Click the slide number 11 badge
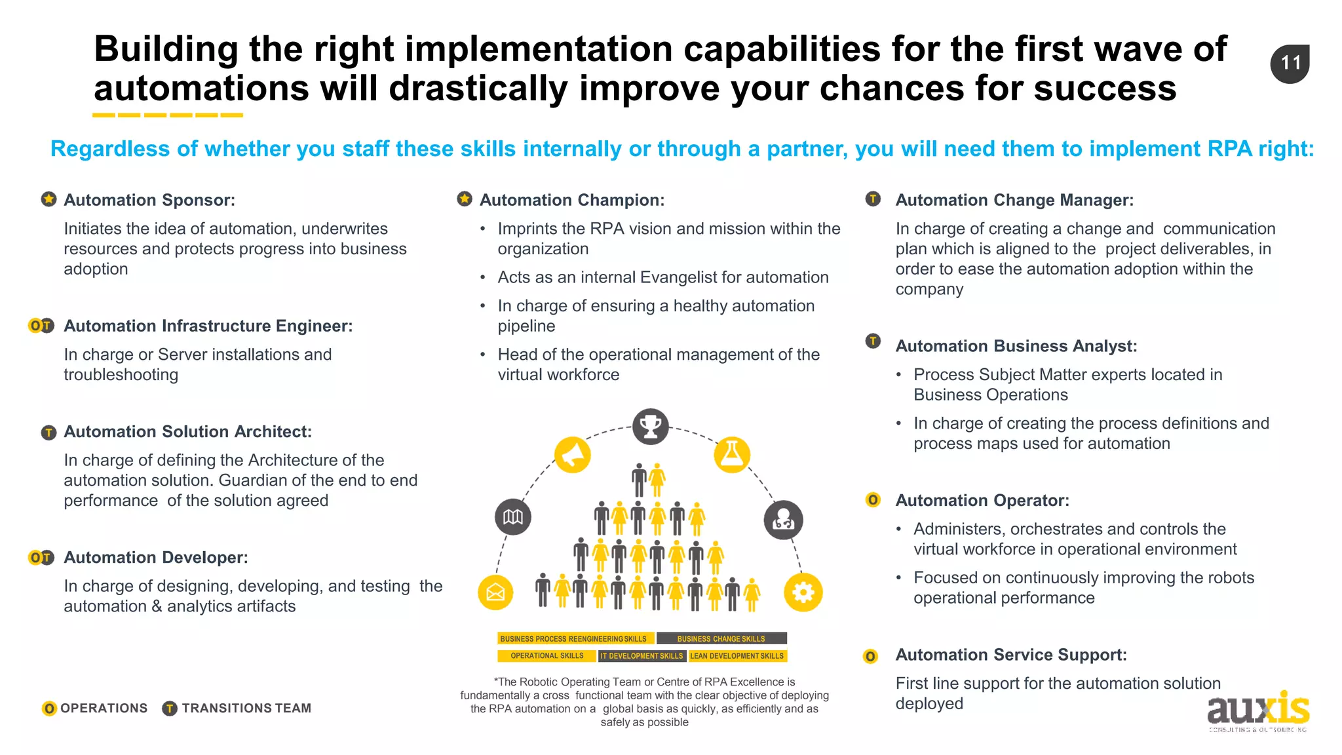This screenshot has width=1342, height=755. point(1290,64)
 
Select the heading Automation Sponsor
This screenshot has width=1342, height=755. point(149,200)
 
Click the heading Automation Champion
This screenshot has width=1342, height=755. point(571,200)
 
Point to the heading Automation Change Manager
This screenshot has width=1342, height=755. point(1014,200)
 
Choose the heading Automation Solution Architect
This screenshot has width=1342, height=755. point(187,431)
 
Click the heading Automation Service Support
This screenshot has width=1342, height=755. point(1011,655)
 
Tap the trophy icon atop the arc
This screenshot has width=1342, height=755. point(651,427)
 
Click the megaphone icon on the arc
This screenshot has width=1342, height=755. point(572,455)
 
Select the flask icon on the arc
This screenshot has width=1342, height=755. point(731,455)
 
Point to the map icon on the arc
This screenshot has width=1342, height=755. point(513,517)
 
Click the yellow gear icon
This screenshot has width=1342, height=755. point(803,592)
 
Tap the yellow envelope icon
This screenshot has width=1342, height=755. point(495,592)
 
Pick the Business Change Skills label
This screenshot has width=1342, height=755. point(721,638)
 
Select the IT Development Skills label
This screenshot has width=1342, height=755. point(642,655)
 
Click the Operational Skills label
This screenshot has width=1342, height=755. point(546,655)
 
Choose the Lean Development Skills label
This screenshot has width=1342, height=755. point(737,655)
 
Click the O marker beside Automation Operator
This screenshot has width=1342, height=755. point(873,500)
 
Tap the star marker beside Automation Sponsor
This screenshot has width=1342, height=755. point(48,199)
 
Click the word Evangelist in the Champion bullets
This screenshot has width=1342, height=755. point(678,277)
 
